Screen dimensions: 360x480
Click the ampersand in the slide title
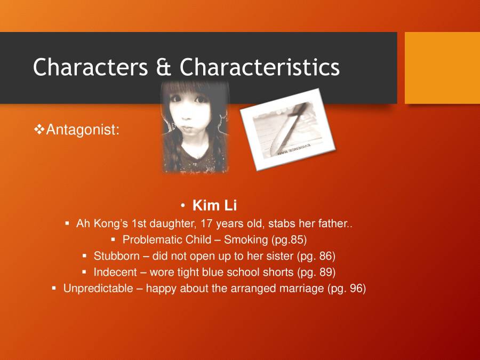coord(166,68)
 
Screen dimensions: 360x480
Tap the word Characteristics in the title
coord(260,67)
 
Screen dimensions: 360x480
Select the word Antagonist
coord(83,130)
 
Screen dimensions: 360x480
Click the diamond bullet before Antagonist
coord(39,129)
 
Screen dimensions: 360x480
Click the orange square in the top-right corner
coord(442,68)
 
